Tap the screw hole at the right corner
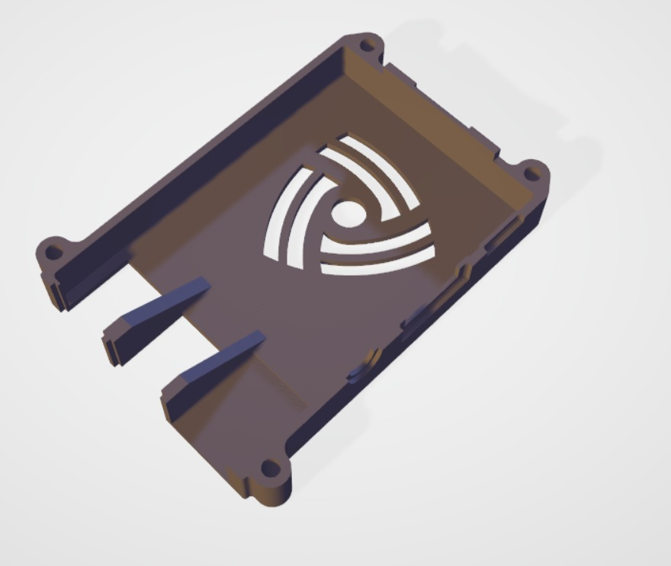pos(531,171)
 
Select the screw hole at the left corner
pos(53,251)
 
